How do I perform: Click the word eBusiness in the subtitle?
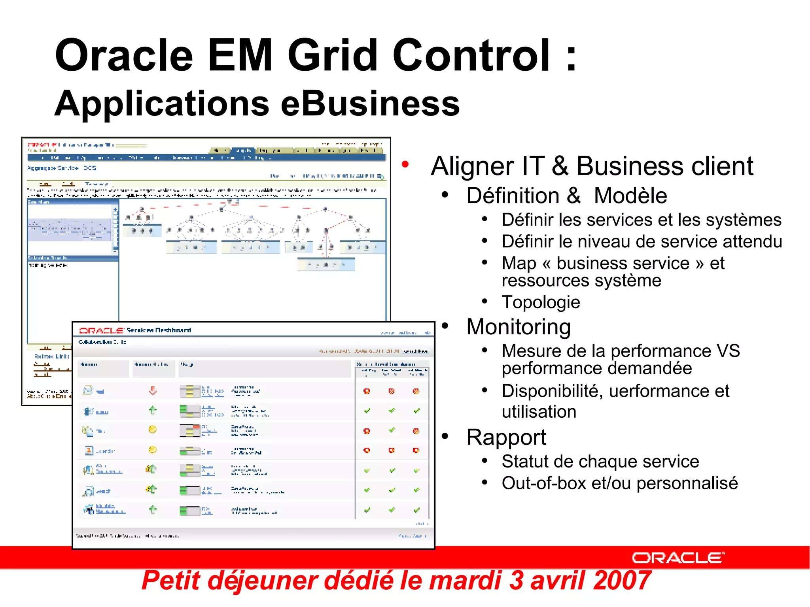tap(370, 104)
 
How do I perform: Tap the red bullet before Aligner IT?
tap(405, 164)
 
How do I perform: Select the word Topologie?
tap(541, 303)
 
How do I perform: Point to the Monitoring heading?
tap(518, 327)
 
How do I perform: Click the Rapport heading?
tap(506, 437)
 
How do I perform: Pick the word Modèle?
tap(630, 196)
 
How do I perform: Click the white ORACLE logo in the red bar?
tap(678, 558)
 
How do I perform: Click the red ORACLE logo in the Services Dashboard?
tap(102, 330)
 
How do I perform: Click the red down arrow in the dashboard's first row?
tap(153, 391)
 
